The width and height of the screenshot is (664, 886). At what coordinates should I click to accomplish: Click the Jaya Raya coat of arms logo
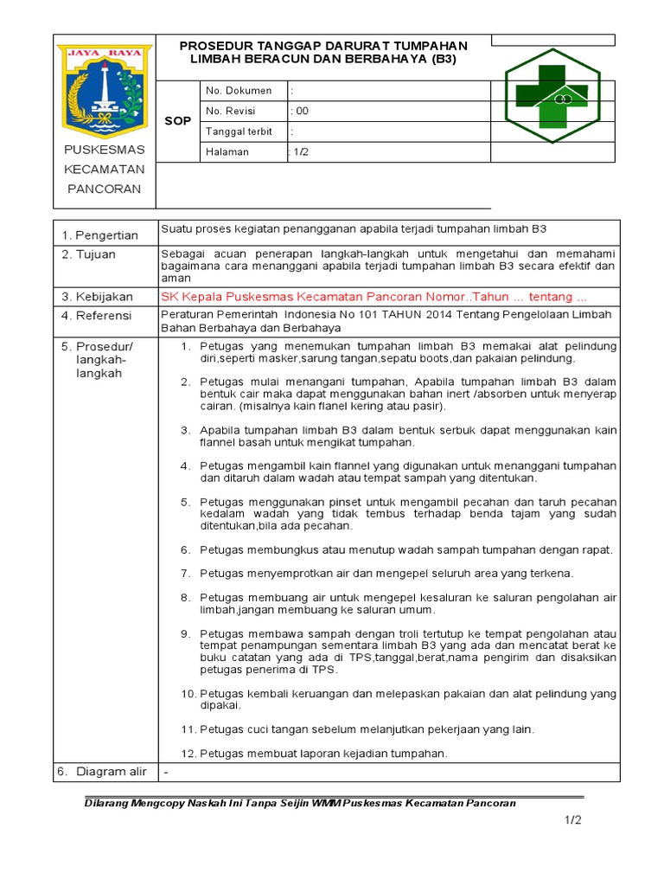point(104,91)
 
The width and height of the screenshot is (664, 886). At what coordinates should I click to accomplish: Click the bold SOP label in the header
point(177,122)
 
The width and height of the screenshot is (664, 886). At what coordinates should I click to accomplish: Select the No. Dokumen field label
point(238,91)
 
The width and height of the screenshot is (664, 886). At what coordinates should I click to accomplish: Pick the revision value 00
point(301,111)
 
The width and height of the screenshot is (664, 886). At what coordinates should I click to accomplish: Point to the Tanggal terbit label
point(239,132)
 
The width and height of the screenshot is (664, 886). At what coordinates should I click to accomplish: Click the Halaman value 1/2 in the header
point(300,151)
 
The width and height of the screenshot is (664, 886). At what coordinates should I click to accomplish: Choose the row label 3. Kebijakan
point(96,297)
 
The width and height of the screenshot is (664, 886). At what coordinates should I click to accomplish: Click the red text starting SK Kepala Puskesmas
point(374,296)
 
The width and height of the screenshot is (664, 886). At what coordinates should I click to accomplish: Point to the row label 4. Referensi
point(96,316)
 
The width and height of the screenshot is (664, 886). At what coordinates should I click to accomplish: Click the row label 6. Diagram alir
point(102,771)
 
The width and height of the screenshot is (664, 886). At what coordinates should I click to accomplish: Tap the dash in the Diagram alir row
point(166,771)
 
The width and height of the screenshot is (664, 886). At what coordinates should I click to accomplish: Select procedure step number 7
point(185,573)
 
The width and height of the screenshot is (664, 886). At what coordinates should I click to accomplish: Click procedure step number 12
point(188,753)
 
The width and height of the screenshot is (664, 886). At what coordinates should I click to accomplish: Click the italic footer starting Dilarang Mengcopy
point(299,802)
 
